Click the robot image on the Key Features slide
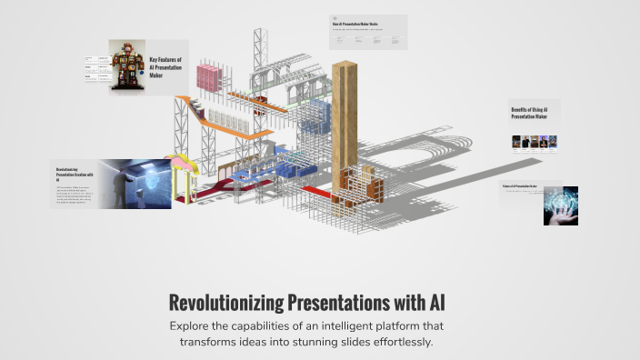(x=128, y=65)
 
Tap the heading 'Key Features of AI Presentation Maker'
(x=166, y=68)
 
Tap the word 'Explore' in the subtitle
(x=192, y=325)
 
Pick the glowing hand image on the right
(x=560, y=205)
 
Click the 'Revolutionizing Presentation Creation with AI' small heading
(x=70, y=174)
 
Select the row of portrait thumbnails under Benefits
(x=534, y=143)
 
